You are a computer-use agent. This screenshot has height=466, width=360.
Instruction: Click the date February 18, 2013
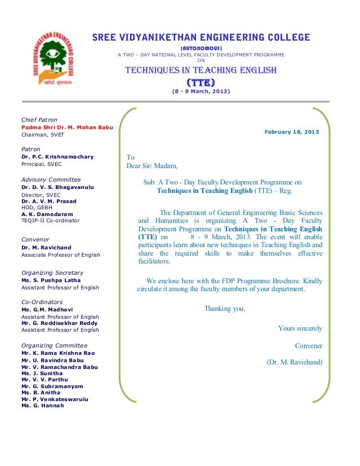(x=291, y=132)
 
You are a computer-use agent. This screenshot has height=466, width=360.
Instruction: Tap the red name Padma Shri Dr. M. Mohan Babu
(x=67, y=128)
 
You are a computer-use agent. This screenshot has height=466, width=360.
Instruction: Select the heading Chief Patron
(x=39, y=120)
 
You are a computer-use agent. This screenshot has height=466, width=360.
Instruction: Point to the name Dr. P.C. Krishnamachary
(x=57, y=157)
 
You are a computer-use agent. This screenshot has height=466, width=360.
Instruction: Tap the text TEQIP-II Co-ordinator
(x=50, y=221)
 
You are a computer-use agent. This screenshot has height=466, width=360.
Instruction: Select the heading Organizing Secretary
(x=52, y=273)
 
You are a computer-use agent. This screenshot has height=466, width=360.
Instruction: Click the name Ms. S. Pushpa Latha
(x=51, y=280)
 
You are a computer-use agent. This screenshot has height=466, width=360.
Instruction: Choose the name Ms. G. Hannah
(x=42, y=406)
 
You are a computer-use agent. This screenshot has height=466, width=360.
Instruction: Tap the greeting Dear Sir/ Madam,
(x=151, y=166)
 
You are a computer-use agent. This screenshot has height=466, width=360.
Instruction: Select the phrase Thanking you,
(x=224, y=309)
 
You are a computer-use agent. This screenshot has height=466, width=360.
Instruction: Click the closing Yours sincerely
(x=300, y=328)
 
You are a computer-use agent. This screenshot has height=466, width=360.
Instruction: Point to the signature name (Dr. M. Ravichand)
(x=294, y=362)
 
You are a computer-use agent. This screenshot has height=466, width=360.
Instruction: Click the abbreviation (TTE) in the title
(x=200, y=82)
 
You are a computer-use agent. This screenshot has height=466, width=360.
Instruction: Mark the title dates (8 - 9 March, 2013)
(x=200, y=92)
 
